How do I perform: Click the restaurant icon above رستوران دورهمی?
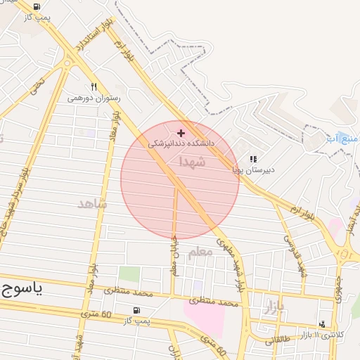coord(94,86)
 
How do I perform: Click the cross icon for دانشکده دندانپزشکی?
coord(181,132)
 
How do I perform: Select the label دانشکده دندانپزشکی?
coord(181,143)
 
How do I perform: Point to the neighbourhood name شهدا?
coord(193,162)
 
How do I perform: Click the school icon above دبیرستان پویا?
coord(253,160)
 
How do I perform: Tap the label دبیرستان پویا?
coord(254,169)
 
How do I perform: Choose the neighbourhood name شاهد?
coord(93,203)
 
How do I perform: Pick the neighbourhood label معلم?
coord(200,252)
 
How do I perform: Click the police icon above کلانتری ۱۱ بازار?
coord(322,324)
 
